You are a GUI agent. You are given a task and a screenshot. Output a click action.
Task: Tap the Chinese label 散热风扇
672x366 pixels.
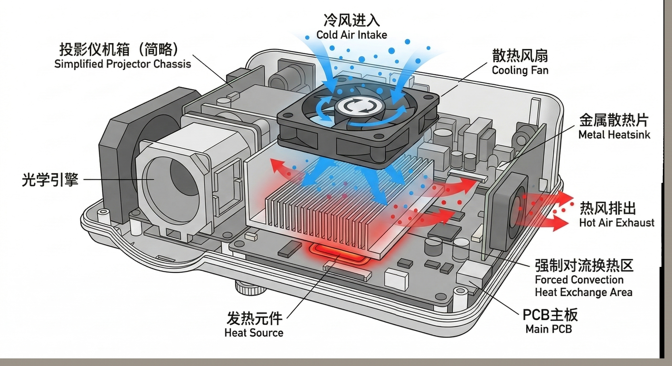(x=520, y=56)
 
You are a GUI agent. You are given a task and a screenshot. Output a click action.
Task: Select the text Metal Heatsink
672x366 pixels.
(x=614, y=135)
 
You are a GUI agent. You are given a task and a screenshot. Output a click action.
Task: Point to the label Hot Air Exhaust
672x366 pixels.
(x=617, y=223)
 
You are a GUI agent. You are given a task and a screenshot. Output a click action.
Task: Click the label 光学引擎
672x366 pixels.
(x=50, y=179)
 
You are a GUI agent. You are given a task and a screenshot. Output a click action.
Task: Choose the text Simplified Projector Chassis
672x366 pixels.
(x=123, y=64)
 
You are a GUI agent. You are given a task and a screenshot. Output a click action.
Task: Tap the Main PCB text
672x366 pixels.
(x=549, y=329)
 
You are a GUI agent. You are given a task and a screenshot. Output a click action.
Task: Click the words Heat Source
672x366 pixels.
(x=254, y=333)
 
